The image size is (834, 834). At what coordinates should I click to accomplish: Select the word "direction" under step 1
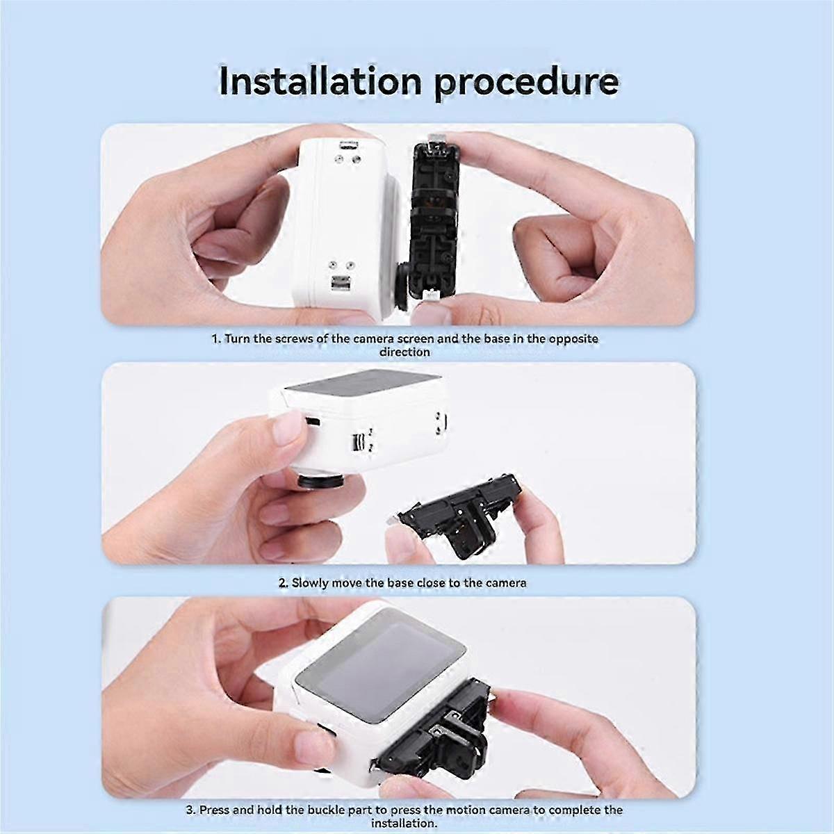click(404, 352)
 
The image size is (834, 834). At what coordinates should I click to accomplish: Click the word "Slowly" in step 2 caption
click(310, 583)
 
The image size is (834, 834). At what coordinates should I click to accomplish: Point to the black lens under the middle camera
click(320, 480)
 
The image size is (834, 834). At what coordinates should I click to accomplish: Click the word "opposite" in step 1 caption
click(573, 339)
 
